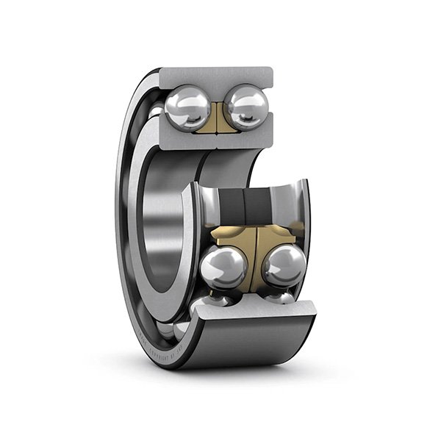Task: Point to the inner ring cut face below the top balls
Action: (213, 140)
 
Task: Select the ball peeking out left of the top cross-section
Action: (156, 112)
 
